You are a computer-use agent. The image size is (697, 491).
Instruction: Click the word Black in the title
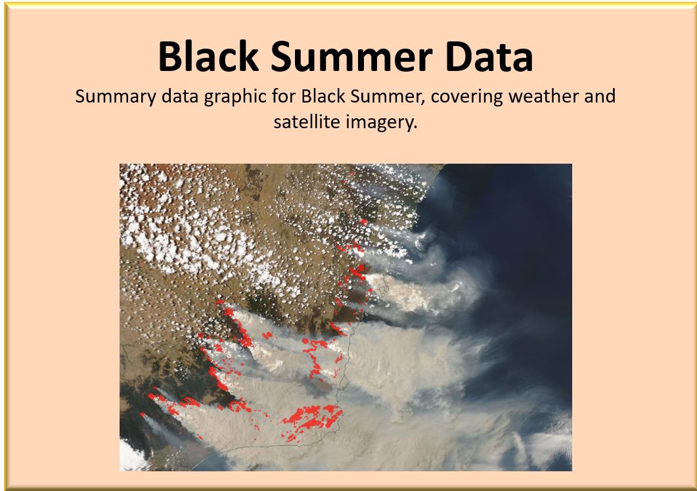click(x=208, y=56)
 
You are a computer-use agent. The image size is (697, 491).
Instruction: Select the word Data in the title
click(x=489, y=57)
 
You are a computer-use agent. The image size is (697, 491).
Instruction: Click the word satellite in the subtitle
click(x=304, y=122)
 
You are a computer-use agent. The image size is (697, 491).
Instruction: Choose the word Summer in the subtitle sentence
click(x=385, y=96)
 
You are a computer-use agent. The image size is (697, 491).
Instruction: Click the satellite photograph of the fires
click(x=346, y=317)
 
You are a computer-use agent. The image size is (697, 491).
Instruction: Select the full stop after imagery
click(x=415, y=128)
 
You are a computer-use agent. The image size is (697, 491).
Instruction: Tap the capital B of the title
click(x=170, y=57)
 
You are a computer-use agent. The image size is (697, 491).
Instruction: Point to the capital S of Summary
click(x=80, y=97)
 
